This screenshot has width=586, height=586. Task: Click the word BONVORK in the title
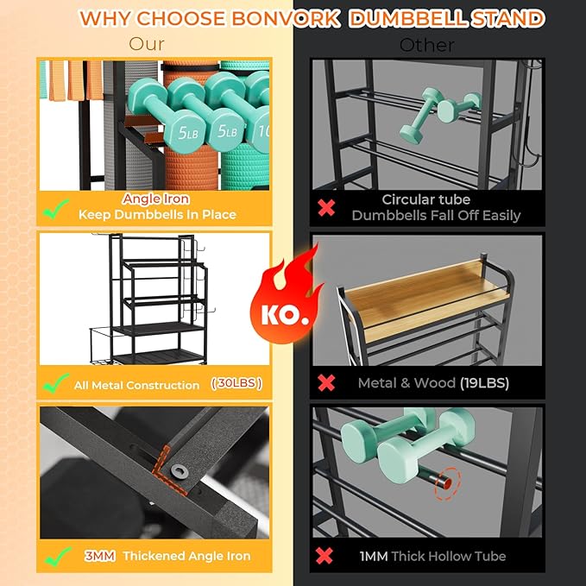click(285, 18)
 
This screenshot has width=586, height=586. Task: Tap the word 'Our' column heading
click(147, 44)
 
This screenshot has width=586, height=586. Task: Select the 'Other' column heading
click(427, 46)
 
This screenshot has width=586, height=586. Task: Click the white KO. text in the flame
click(285, 315)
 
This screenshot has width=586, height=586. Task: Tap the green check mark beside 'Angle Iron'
click(56, 209)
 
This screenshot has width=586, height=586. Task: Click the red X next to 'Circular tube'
click(326, 208)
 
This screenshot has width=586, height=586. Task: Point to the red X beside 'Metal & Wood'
click(326, 382)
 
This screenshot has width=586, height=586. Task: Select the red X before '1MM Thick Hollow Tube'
click(324, 556)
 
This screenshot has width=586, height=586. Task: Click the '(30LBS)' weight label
click(236, 383)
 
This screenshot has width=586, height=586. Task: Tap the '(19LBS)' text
click(484, 383)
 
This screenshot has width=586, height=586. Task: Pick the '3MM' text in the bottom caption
click(99, 556)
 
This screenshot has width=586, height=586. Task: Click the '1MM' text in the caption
click(374, 557)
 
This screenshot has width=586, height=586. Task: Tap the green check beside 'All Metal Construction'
click(56, 382)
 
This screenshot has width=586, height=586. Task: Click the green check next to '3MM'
click(58, 557)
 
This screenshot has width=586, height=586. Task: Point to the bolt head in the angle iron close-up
click(178, 471)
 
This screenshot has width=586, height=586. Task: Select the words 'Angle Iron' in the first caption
click(155, 198)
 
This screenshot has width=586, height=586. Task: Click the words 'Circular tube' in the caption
click(426, 199)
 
